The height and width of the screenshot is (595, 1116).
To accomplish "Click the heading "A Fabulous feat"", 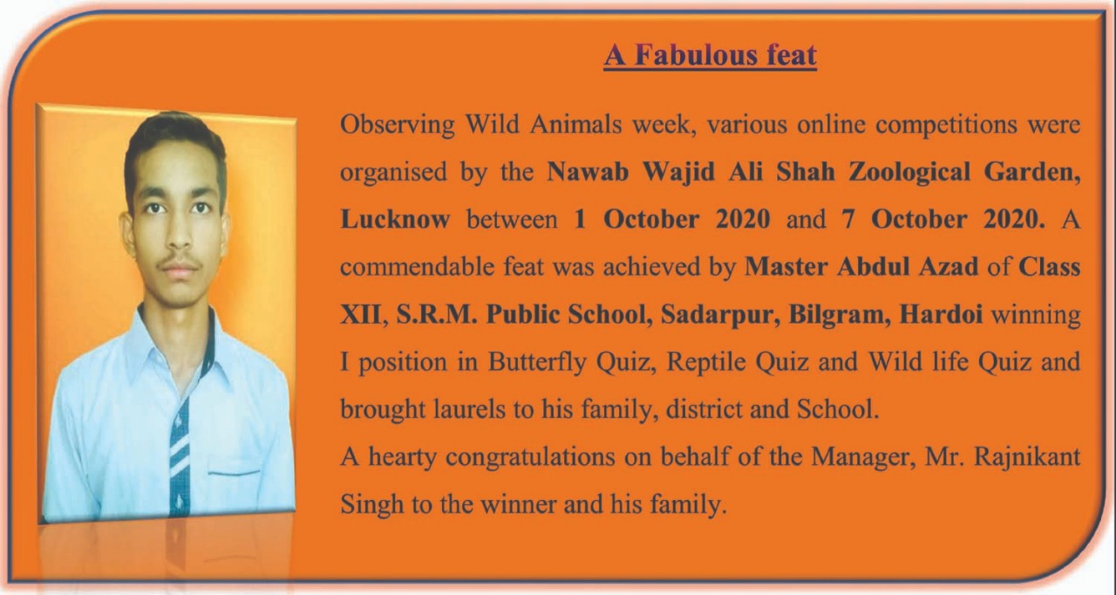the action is pos(710,55).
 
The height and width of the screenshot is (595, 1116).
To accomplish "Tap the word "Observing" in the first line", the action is pos(397,125).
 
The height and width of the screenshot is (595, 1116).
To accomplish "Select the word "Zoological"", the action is pos(909,173).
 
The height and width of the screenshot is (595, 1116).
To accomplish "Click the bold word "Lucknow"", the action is pos(395,219).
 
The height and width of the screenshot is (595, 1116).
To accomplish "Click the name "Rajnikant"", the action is pos(1027,457).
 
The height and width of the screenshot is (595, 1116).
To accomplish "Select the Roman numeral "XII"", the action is pos(361,315).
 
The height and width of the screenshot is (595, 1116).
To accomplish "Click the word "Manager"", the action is pos(863,458).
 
